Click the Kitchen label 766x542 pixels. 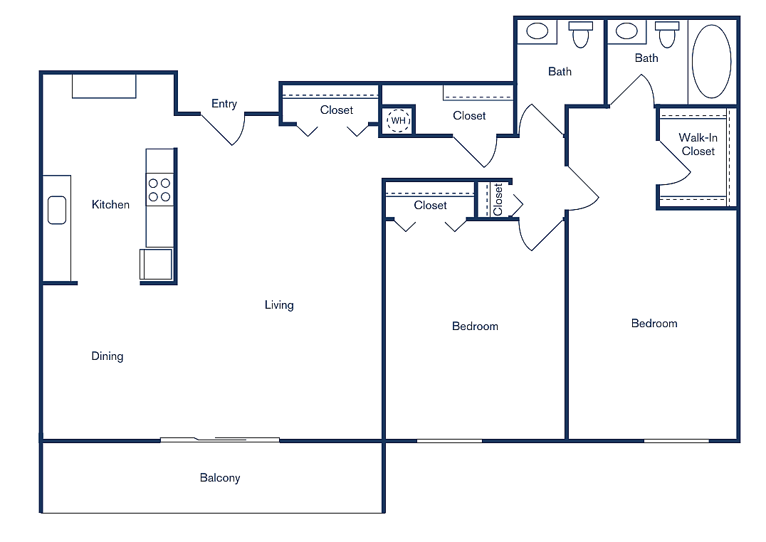tap(110, 205)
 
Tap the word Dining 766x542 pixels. tap(107, 356)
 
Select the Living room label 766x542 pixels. tap(279, 305)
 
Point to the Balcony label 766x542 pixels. tap(219, 478)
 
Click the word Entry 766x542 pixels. tap(224, 104)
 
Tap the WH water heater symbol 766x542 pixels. tap(398, 121)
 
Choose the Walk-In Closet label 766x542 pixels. tap(698, 144)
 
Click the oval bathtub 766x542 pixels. tap(711, 61)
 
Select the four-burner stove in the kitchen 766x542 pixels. tap(159, 189)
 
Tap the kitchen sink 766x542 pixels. tap(57, 211)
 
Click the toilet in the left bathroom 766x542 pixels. tap(581, 34)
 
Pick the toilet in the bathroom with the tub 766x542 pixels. tap(668, 34)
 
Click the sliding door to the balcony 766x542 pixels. tap(219, 440)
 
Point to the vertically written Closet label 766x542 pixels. tap(498, 199)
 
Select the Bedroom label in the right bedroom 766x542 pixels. tap(654, 324)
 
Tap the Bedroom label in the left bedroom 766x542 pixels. tap(475, 326)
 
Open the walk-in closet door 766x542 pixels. tap(676, 160)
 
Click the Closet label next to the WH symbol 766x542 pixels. tap(469, 116)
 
